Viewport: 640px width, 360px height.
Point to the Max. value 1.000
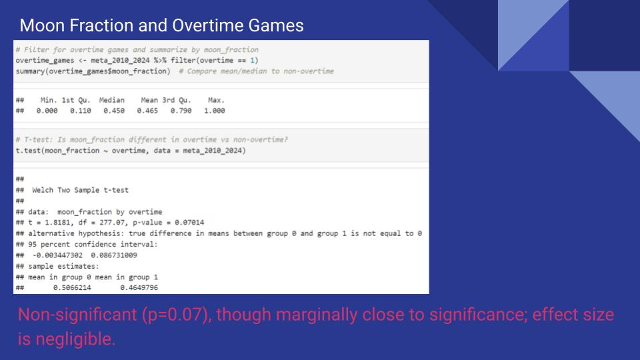click(215, 111)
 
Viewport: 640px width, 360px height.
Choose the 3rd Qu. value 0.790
click(181, 111)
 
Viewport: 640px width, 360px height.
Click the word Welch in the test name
click(43, 190)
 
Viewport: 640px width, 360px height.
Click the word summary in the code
click(30, 71)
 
